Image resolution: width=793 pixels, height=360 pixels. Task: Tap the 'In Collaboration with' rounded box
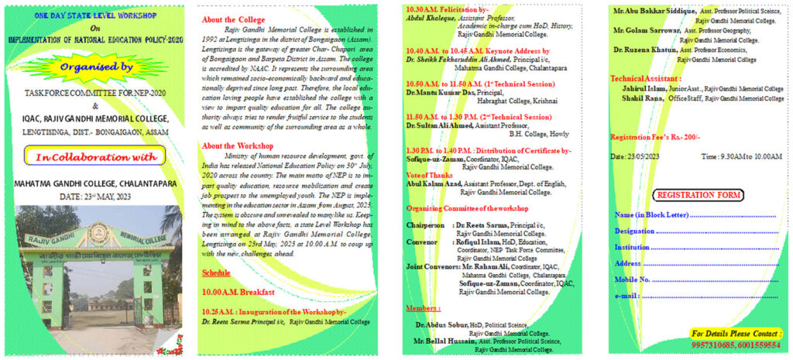[x=96, y=157]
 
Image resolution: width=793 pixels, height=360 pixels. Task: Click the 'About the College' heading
[x=234, y=19]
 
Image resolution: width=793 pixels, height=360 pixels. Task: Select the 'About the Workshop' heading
[x=237, y=146]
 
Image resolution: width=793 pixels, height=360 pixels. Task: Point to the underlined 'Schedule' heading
[x=216, y=273]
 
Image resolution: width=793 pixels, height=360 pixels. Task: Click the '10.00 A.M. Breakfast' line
[x=238, y=292]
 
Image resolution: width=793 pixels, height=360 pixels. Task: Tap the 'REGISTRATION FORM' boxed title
[x=697, y=194]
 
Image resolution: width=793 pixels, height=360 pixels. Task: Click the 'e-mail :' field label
[x=627, y=295]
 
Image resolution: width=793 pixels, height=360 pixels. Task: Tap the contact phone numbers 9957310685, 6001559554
[x=736, y=345]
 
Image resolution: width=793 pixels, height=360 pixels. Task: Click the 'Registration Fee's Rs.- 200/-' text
[x=655, y=137]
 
